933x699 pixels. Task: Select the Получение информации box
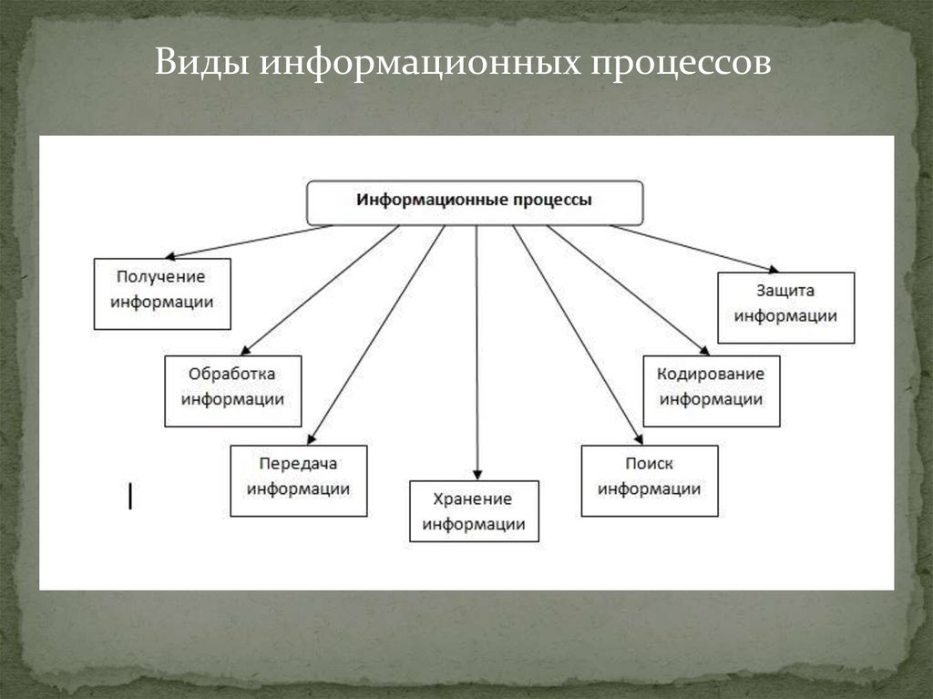162,293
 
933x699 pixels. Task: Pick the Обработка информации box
232,390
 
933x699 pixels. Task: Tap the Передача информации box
298,480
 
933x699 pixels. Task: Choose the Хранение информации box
474,510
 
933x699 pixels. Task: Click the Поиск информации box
649,480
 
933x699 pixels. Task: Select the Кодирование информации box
712,390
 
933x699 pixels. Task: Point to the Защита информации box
785,307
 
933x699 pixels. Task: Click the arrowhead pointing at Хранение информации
477,473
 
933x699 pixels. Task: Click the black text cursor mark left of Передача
130,496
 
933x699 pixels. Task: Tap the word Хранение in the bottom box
473,499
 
